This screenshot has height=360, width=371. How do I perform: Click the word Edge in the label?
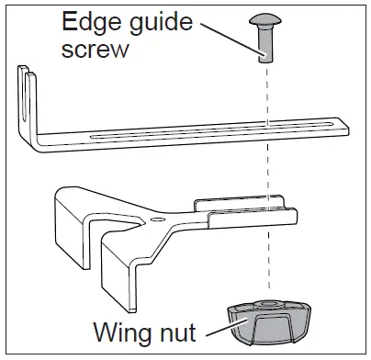click(x=92, y=21)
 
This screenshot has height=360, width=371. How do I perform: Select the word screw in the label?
click(x=95, y=50)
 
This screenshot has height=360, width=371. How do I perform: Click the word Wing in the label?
click(x=125, y=332)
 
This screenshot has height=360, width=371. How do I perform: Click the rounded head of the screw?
click(x=264, y=20)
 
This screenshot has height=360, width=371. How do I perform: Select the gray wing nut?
click(x=269, y=322)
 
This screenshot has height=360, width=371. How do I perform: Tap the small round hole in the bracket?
click(x=158, y=219)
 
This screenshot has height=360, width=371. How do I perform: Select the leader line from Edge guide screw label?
click(x=231, y=40)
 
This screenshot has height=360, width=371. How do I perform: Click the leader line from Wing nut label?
click(x=227, y=327)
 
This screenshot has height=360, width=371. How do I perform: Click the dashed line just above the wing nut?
click(x=269, y=260)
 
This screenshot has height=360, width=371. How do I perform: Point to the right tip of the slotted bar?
click(x=348, y=128)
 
